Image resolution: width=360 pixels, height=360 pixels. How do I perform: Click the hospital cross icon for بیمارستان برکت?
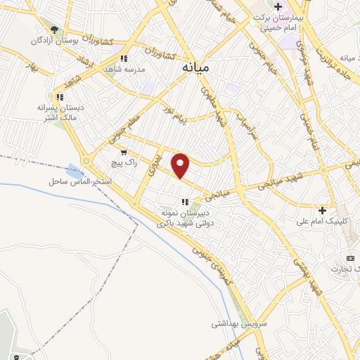[x=278, y=6]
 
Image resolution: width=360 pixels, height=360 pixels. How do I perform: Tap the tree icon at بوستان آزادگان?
[x=54, y=29]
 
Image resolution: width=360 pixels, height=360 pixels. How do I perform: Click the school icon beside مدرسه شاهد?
[x=124, y=59]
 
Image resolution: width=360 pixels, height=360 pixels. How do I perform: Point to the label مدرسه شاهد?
[x=123, y=70]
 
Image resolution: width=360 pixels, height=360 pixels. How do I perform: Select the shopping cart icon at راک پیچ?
[x=124, y=152]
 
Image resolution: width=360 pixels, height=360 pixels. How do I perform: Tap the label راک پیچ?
[x=123, y=162]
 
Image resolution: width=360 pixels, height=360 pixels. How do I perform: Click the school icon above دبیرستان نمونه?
[x=184, y=202]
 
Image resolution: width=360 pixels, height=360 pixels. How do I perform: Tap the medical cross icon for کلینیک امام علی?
[x=322, y=210]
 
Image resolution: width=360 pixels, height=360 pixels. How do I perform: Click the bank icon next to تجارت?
[x=351, y=258]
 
